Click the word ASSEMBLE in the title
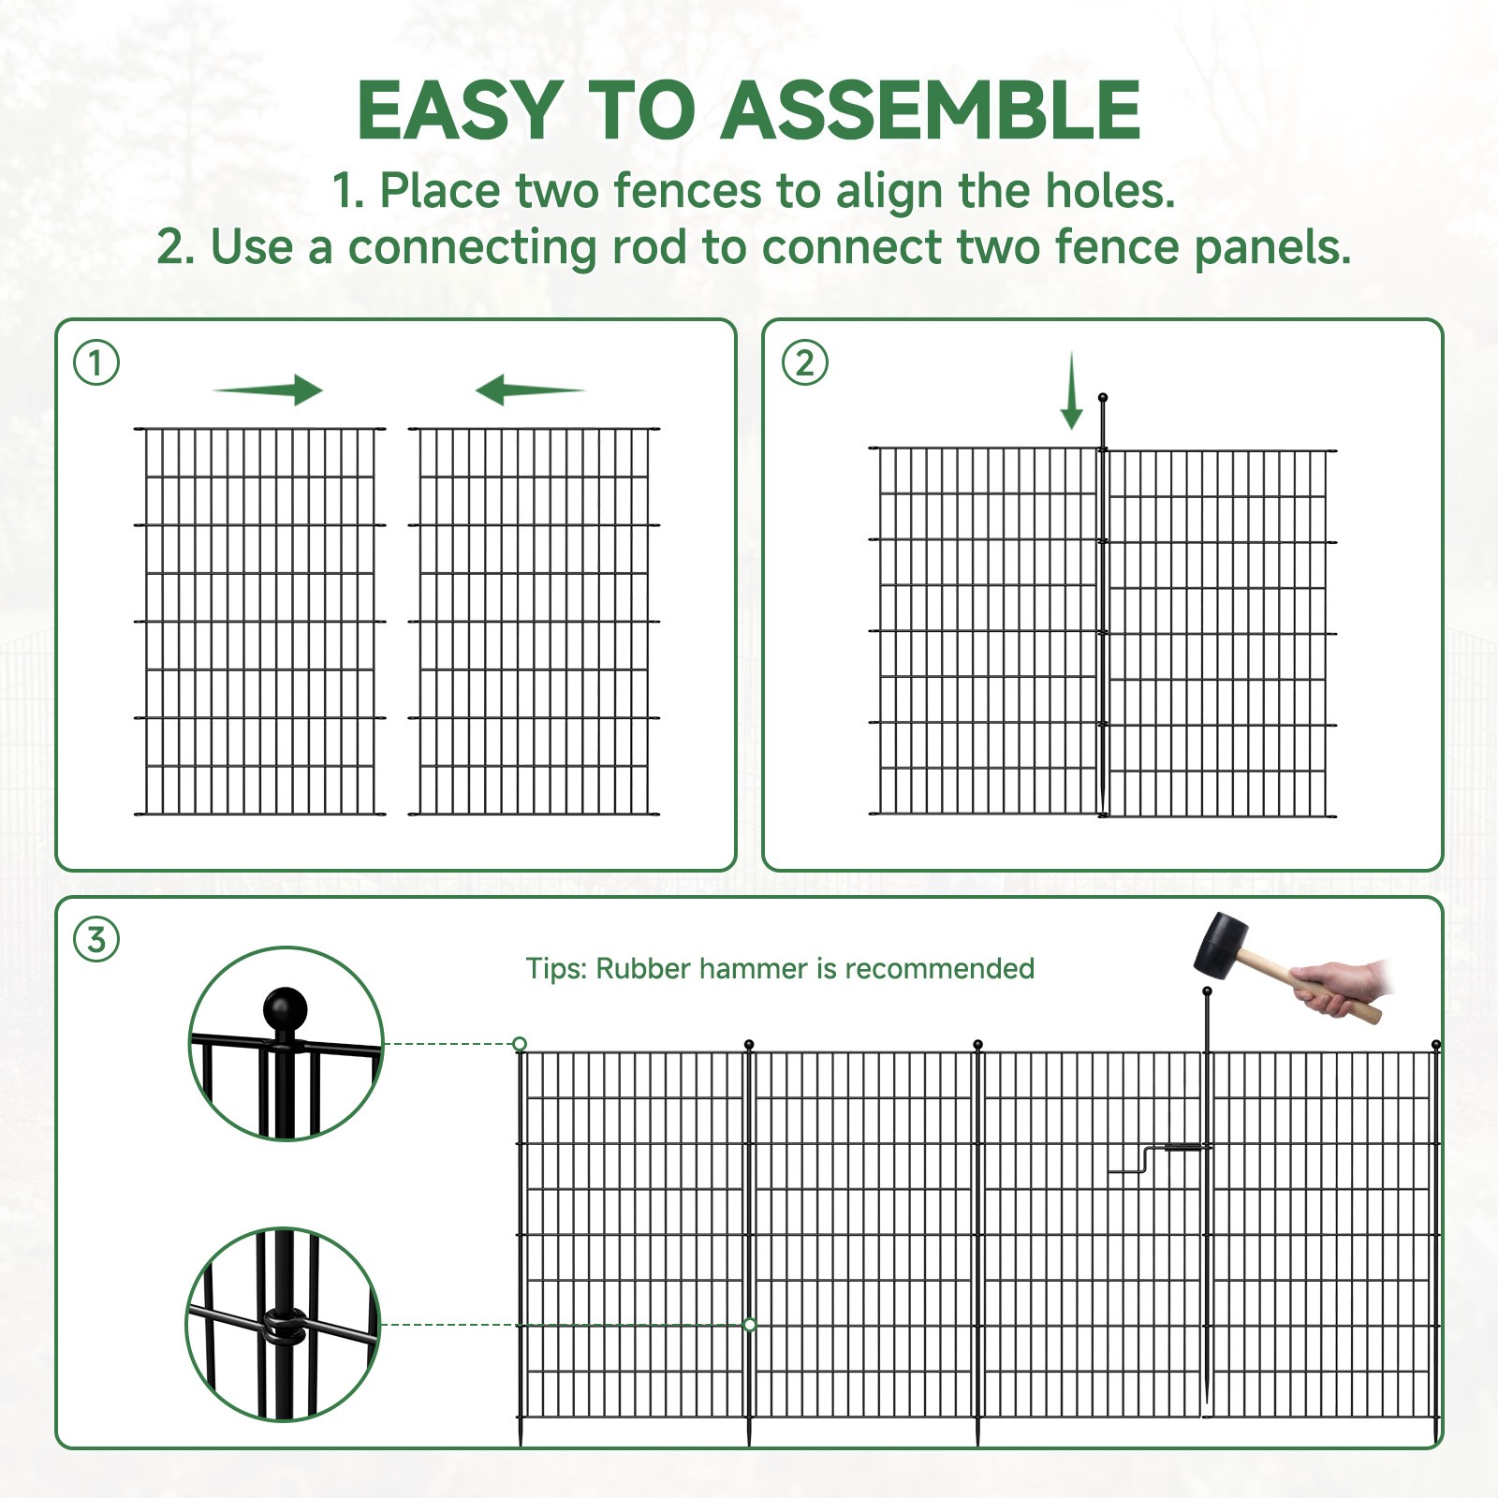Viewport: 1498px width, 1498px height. pos(931,110)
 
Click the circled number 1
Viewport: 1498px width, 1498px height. pos(96,362)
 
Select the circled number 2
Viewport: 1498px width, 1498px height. pos(804,362)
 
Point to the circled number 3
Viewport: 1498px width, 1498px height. pos(96,939)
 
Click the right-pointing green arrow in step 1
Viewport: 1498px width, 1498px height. pos(269,389)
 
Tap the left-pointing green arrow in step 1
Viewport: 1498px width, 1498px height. pos(529,389)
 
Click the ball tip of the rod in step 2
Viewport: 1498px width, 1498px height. pos(1103,398)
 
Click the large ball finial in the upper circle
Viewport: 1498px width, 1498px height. pos(285,1010)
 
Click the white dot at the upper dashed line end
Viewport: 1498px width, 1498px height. pos(520,1043)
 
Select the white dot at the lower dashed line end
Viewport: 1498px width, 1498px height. pos(749,1324)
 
